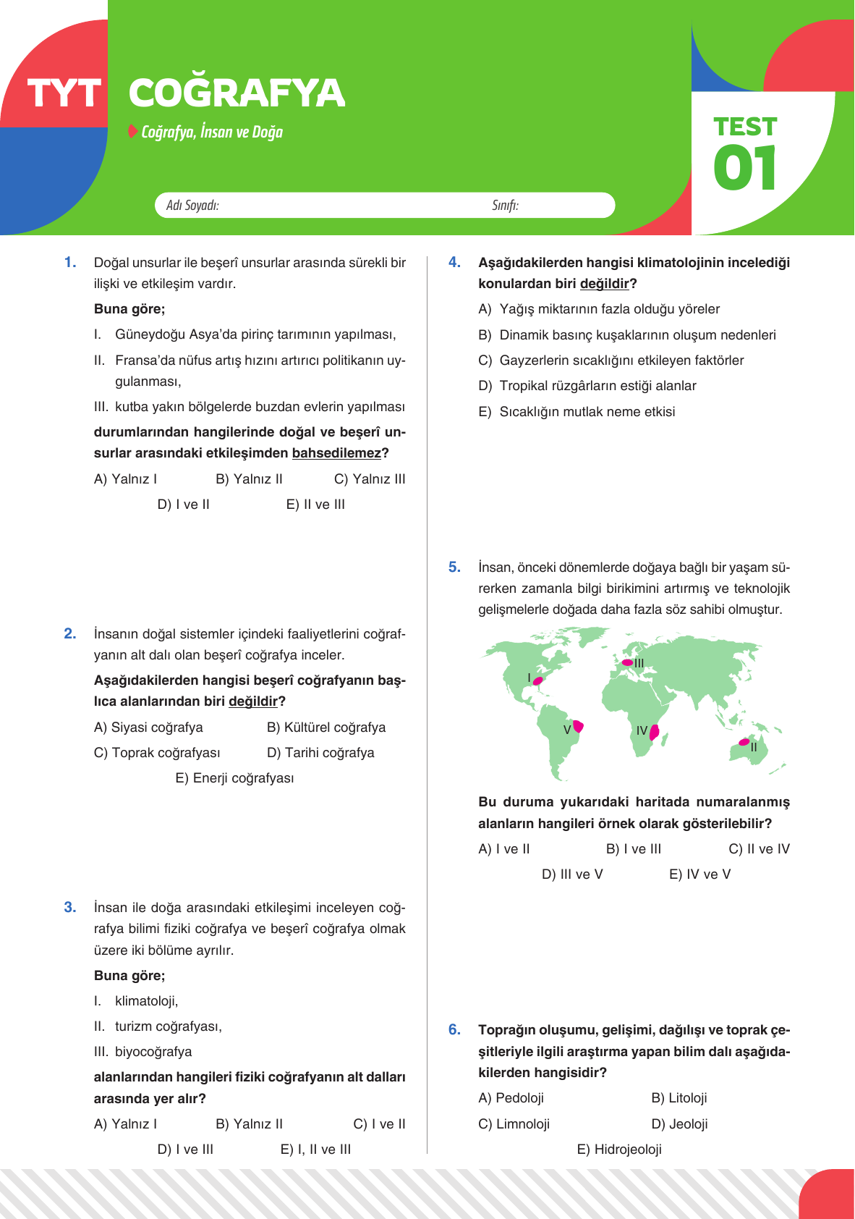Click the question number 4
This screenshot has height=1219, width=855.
pyautogui.click(x=454, y=262)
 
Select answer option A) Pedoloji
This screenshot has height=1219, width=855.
pyautogui.click(x=511, y=1098)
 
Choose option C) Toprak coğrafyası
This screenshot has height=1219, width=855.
pyautogui.click(x=157, y=753)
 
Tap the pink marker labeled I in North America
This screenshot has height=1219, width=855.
pyautogui.click(x=537, y=680)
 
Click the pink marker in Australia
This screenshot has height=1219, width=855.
pyautogui.click(x=744, y=742)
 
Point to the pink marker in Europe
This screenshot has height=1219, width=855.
pyautogui.click(x=627, y=662)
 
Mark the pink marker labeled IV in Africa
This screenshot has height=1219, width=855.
pyautogui.click(x=654, y=732)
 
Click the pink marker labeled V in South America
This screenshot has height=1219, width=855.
pyautogui.click(x=578, y=726)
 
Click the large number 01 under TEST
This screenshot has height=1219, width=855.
pyautogui.click(x=744, y=168)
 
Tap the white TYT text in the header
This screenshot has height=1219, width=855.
pyautogui.click(x=64, y=94)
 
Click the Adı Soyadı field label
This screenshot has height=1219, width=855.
pyautogui.click(x=192, y=206)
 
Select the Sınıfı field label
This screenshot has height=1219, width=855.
pyautogui.click(x=505, y=206)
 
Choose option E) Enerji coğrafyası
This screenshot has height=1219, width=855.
pyautogui.click(x=234, y=778)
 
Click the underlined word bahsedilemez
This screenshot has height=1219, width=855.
pyautogui.click(x=336, y=453)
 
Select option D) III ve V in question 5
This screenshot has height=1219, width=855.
pyautogui.click(x=572, y=874)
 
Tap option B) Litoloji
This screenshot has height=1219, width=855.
pyautogui.click(x=679, y=1098)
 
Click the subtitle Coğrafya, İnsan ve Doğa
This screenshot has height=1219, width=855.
pyautogui.click(x=211, y=132)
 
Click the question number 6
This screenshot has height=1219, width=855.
pyautogui.click(x=454, y=1029)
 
